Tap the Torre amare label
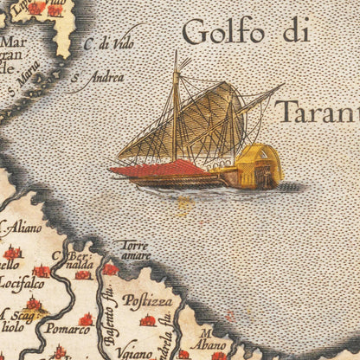pos(135,250)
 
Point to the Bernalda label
pos(77,260)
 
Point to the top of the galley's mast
pos(177,55)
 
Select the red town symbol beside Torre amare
pos(110,269)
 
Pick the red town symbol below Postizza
pos(148,320)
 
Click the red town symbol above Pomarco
pos(86,319)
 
